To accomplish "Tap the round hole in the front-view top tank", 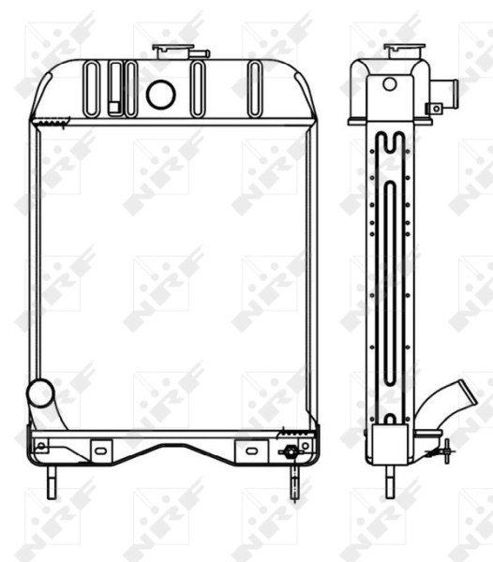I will (x=161, y=93).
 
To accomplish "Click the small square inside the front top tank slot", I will (x=114, y=107).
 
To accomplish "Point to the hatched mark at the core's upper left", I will (x=49, y=120).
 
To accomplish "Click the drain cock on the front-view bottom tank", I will (x=291, y=452).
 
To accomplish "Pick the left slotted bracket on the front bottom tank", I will (x=98, y=447).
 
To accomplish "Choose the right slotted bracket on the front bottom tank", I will (x=246, y=448).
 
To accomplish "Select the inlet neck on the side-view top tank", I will (x=445, y=92).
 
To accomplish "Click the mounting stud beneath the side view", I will (x=388, y=481).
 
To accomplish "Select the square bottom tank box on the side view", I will (x=388, y=442).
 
